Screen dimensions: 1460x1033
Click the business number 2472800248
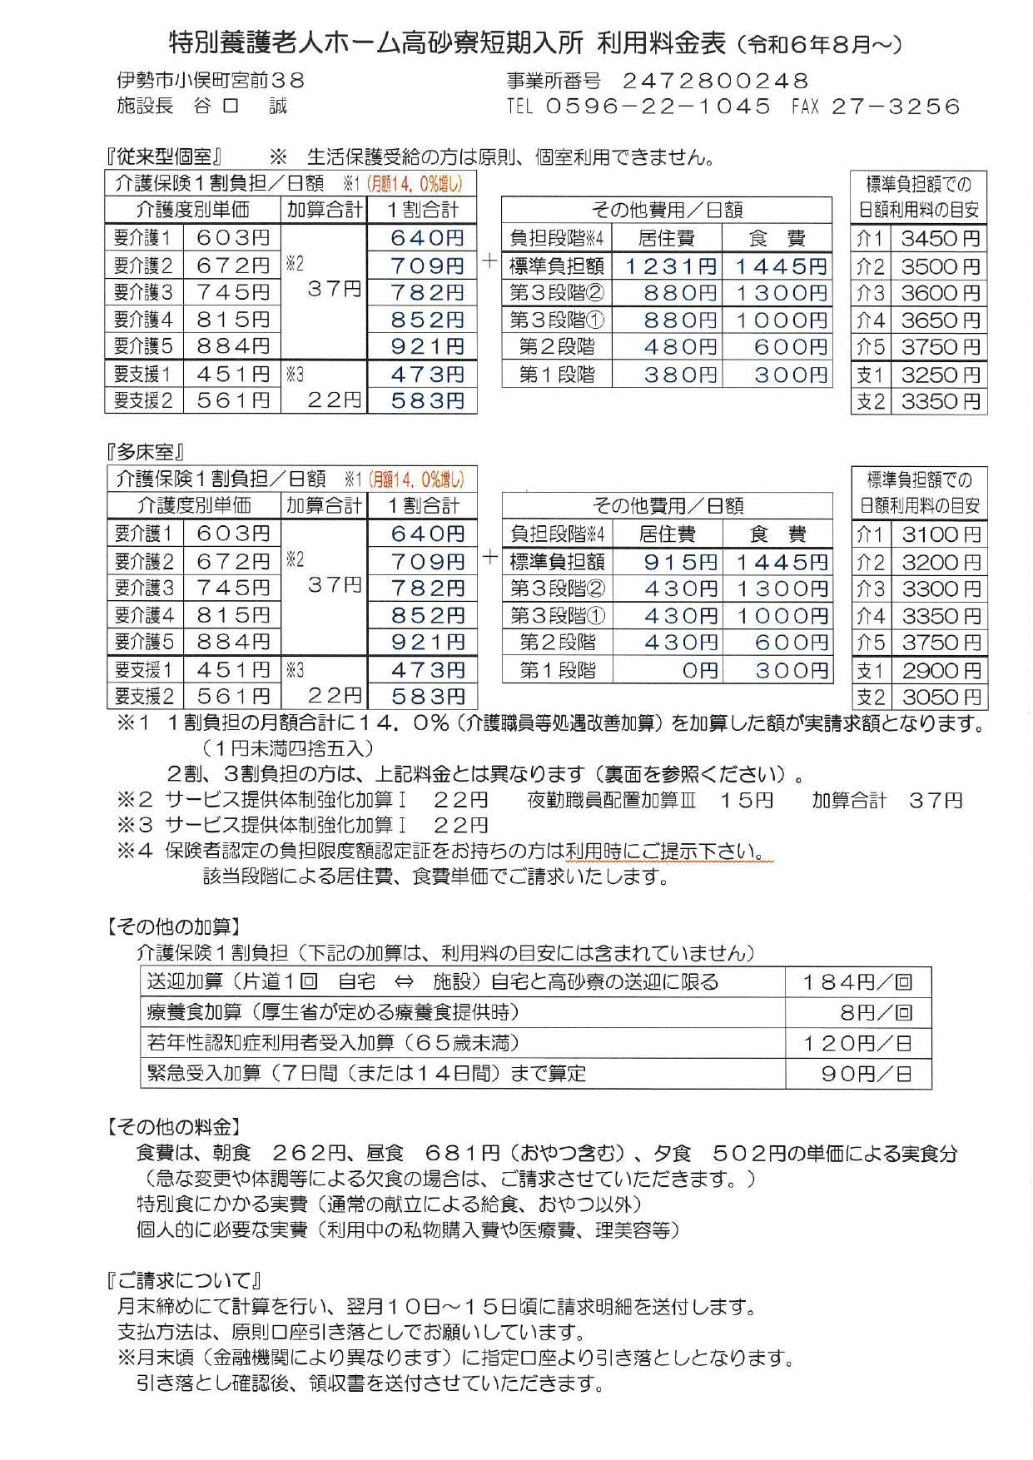point(715,81)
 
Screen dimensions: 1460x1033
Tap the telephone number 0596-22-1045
point(658,107)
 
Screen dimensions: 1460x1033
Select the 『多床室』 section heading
point(147,452)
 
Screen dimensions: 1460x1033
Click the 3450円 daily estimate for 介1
point(940,239)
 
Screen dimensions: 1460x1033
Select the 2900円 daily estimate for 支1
point(940,670)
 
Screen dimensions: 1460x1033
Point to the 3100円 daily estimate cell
point(940,534)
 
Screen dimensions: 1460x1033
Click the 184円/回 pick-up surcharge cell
point(857,982)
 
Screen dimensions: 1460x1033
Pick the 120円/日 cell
point(857,1043)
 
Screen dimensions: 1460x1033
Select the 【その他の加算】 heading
point(174,926)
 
